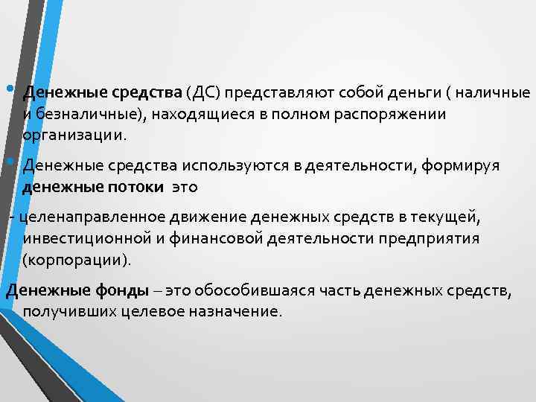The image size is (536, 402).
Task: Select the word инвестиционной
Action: [89, 239]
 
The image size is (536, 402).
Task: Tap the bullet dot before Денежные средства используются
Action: [9, 160]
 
